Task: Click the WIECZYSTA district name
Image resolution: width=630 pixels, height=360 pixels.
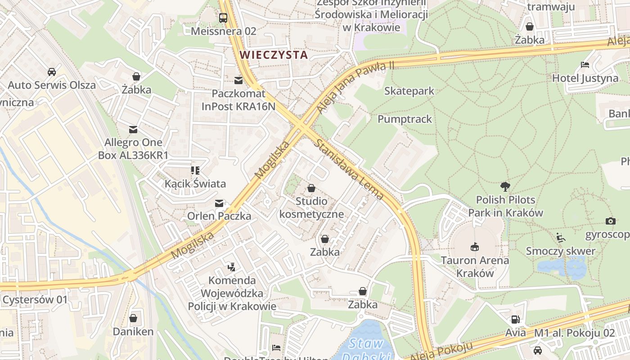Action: tap(274, 55)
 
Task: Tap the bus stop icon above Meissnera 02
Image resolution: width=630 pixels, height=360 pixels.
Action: tap(223, 18)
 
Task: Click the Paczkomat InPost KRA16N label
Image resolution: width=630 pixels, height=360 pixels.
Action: tap(238, 100)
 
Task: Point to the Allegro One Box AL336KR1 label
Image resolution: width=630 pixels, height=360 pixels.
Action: tap(133, 149)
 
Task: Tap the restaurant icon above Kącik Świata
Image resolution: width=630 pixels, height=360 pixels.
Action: tap(195, 171)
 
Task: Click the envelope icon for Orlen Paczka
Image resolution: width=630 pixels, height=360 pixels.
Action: tap(219, 203)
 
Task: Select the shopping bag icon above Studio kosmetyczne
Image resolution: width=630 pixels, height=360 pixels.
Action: tap(311, 188)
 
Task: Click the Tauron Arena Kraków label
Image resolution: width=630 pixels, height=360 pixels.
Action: tap(475, 267)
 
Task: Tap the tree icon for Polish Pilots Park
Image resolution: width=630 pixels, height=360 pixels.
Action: tap(505, 186)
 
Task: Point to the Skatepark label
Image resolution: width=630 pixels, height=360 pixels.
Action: tap(409, 91)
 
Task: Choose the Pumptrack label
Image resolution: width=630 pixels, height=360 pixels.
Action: tap(405, 119)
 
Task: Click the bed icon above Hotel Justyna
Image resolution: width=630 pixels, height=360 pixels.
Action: tap(585, 65)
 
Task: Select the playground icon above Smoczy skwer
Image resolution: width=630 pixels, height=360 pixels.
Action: tap(561, 238)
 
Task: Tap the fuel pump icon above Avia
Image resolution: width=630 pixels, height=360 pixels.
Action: tap(515, 320)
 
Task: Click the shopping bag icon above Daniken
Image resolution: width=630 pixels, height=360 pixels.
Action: tap(133, 319)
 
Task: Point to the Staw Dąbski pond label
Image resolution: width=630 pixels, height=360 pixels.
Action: tap(366, 349)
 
